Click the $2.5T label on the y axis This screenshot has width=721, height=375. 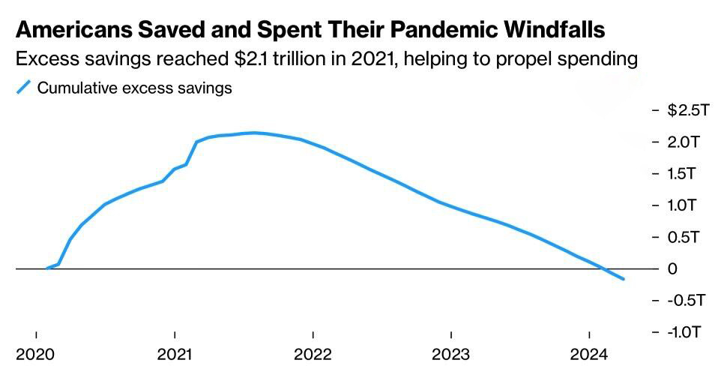[688, 110]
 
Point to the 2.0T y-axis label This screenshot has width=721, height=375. [684, 142]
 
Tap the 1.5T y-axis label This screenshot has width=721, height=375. [682, 174]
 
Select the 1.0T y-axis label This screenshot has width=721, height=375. [682, 205]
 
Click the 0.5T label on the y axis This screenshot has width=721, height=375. [684, 237]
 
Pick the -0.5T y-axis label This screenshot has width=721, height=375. [686, 301]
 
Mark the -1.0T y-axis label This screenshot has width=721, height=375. [685, 331]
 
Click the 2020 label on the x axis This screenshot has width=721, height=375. [35, 355]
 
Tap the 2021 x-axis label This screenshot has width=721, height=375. [175, 355]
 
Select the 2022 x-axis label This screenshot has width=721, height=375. [313, 355]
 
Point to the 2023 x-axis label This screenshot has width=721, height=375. [451, 355]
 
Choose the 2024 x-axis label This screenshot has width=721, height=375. [590, 355]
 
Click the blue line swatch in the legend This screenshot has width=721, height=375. [23, 88]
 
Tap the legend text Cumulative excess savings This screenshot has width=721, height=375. [135, 88]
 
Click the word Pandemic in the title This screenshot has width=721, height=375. [444, 29]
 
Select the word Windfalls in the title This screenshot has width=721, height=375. [555, 29]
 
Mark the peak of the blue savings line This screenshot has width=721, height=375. [254, 133]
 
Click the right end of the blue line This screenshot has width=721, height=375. [624, 279]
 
